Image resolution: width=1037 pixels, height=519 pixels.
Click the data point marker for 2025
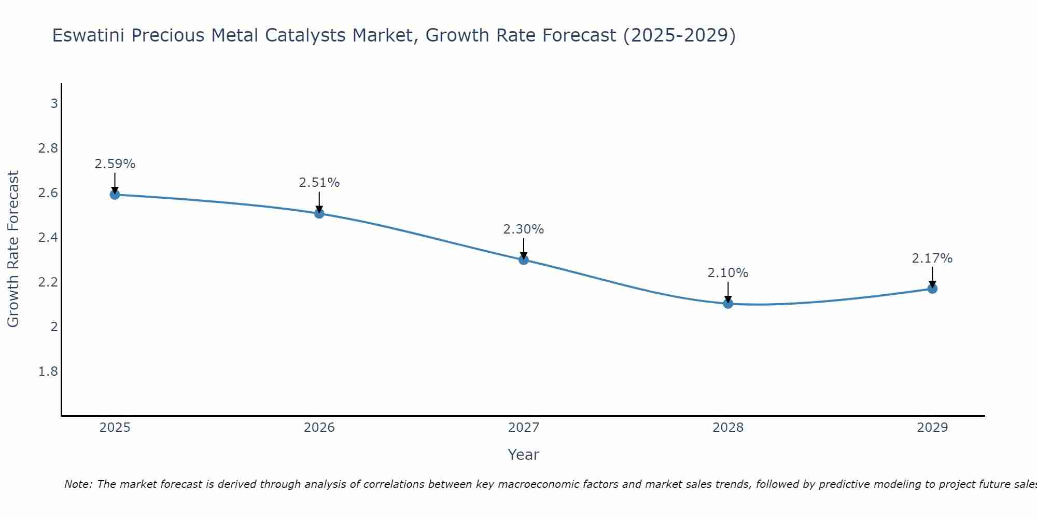tap(115, 195)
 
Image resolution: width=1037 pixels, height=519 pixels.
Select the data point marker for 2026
tap(319, 213)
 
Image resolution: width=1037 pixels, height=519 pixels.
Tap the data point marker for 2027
tap(524, 259)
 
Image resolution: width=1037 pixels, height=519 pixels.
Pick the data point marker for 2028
tap(728, 304)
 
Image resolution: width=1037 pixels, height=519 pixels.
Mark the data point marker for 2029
tap(932, 289)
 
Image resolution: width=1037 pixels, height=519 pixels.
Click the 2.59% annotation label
tap(115, 164)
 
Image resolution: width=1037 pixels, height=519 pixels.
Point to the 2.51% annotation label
tap(319, 183)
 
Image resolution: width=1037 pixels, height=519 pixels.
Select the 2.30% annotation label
tap(524, 229)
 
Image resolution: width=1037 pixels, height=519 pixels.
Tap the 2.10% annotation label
tap(728, 273)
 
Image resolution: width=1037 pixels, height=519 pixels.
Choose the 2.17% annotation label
tap(932, 258)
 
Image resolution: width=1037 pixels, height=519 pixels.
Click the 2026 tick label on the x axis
tap(319, 428)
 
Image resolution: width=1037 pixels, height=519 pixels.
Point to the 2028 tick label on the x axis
tap(728, 428)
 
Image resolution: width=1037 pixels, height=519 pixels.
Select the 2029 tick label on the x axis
tap(932, 428)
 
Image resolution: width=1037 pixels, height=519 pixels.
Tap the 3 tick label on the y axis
tap(54, 104)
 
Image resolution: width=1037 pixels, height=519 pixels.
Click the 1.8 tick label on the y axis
tap(48, 372)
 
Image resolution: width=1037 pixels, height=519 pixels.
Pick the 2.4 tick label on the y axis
tap(48, 238)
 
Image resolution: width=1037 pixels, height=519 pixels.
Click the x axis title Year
tap(524, 455)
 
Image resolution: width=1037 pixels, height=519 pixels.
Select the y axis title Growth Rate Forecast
tap(13, 249)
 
